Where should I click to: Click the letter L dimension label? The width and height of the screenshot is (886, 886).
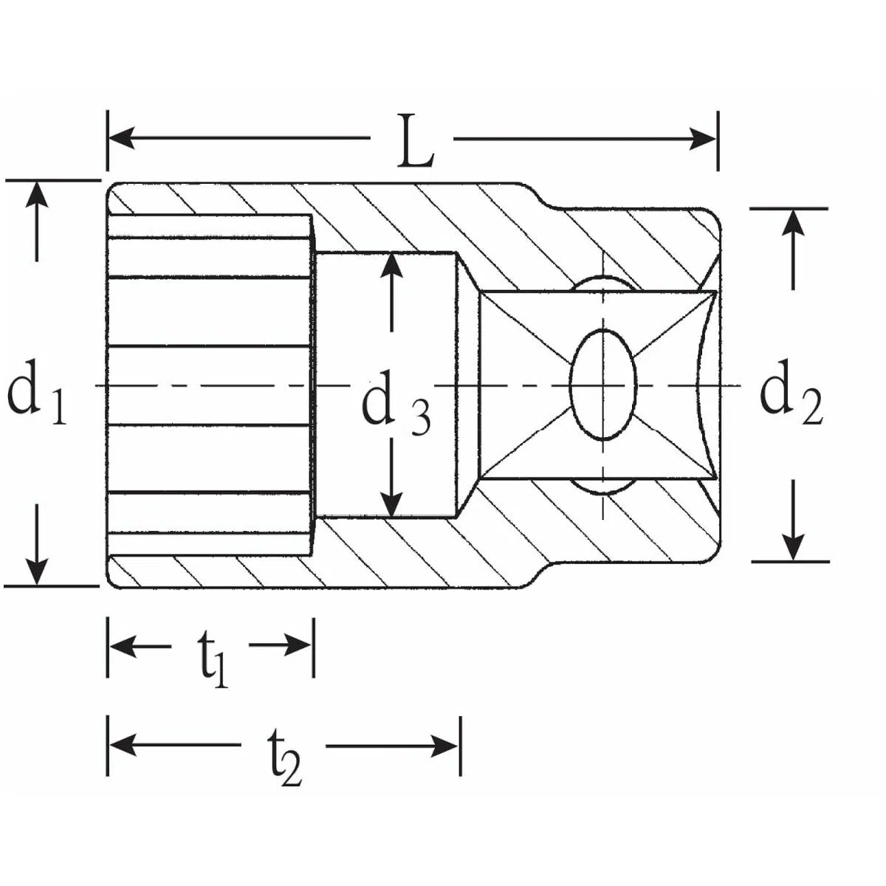tap(416, 142)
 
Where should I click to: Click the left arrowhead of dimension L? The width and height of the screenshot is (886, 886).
tap(121, 137)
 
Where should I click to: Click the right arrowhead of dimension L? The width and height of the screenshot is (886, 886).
tap(703, 138)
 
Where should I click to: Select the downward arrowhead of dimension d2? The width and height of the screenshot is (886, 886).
tap(793, 547)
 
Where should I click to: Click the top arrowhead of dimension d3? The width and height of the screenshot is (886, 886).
tap(391, 266)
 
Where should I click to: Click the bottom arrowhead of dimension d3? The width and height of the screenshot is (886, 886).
tap(391, 504)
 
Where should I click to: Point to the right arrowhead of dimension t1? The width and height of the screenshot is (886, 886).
tap(298, 645)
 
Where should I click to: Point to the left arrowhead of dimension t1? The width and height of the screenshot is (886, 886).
tap(123, 645)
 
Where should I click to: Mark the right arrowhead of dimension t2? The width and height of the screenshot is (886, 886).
tap(444, 746)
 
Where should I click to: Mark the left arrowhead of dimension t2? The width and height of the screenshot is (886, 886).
tap(123, 745)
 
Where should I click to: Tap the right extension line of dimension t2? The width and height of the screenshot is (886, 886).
tap(460, 746)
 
